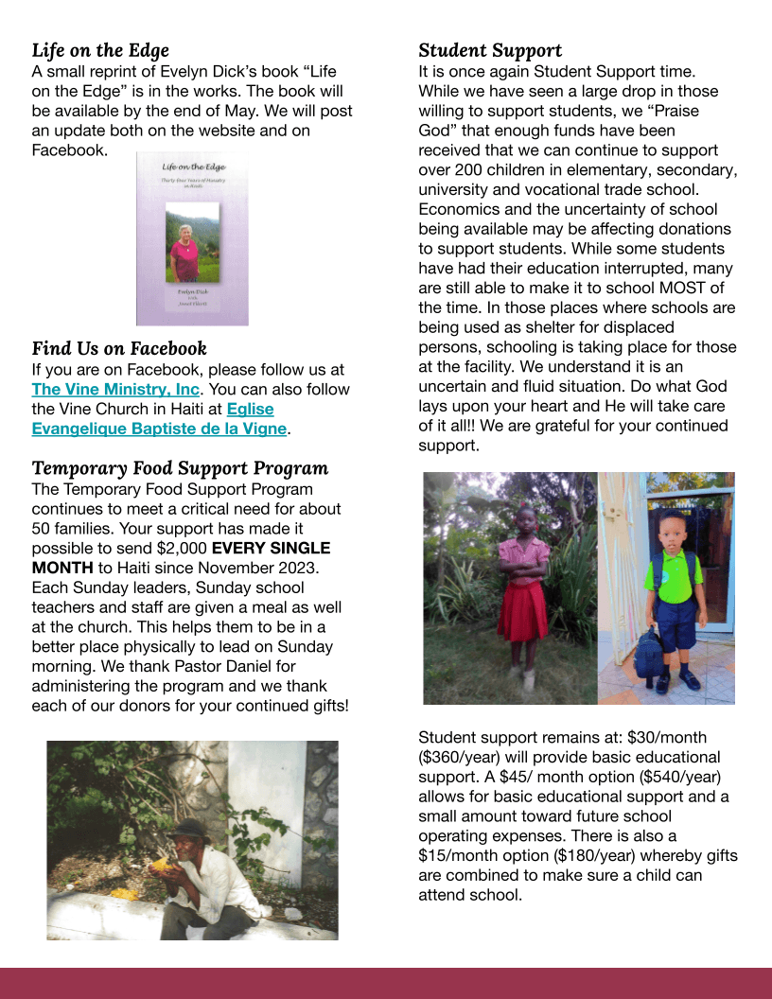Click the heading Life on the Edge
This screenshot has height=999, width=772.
pos(100,50)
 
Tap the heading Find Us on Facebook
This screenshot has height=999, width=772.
pos(119,348)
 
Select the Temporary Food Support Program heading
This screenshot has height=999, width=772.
pos(180,468)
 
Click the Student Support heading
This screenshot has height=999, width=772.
pos(490,50)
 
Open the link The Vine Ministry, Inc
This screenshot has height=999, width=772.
pos(115,389)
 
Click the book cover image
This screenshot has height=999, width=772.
pos(192,239)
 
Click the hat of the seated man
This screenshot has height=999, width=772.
pos(193,830)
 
